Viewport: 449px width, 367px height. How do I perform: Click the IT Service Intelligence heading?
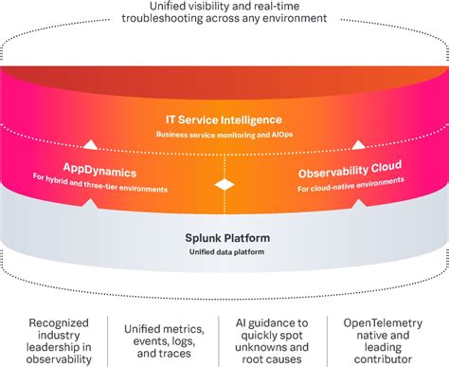(x=224, y=120)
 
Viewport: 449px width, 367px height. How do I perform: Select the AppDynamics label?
(x=100, y=174)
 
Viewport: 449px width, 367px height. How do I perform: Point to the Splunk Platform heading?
(x=224, y=236)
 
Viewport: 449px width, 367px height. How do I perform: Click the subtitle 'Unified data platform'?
(x=224, y=251)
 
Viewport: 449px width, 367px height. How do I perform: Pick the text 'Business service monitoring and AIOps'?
(x=224, y=136)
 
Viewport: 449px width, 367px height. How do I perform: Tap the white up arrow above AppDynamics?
(x=89, y=146)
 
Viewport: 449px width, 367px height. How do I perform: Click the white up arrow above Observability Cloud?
(x=359, y=146)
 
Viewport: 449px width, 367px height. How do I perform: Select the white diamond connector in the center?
(x=224, y=182)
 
